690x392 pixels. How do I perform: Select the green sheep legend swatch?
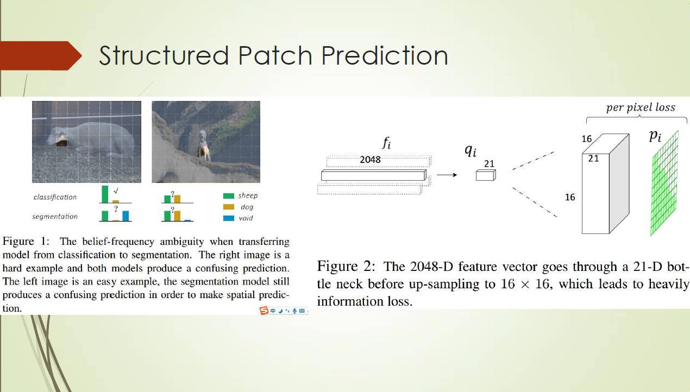(228, 195)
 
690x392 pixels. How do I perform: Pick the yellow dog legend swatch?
(228, 207)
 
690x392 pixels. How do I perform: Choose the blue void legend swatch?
(228, 218)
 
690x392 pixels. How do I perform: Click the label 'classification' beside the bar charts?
(55, 197)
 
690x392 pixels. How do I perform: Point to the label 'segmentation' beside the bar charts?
(55, 217)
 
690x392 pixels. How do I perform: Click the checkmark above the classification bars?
(116, 190)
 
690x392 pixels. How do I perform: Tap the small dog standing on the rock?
(203, 146)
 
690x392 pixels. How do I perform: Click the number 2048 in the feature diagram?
(370, 160)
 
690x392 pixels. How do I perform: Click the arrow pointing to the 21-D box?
(447, 175)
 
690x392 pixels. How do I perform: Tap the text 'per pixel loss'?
(641, 108)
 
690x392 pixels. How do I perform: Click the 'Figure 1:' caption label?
(26, 242)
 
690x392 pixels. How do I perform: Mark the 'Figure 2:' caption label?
(346, 267)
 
